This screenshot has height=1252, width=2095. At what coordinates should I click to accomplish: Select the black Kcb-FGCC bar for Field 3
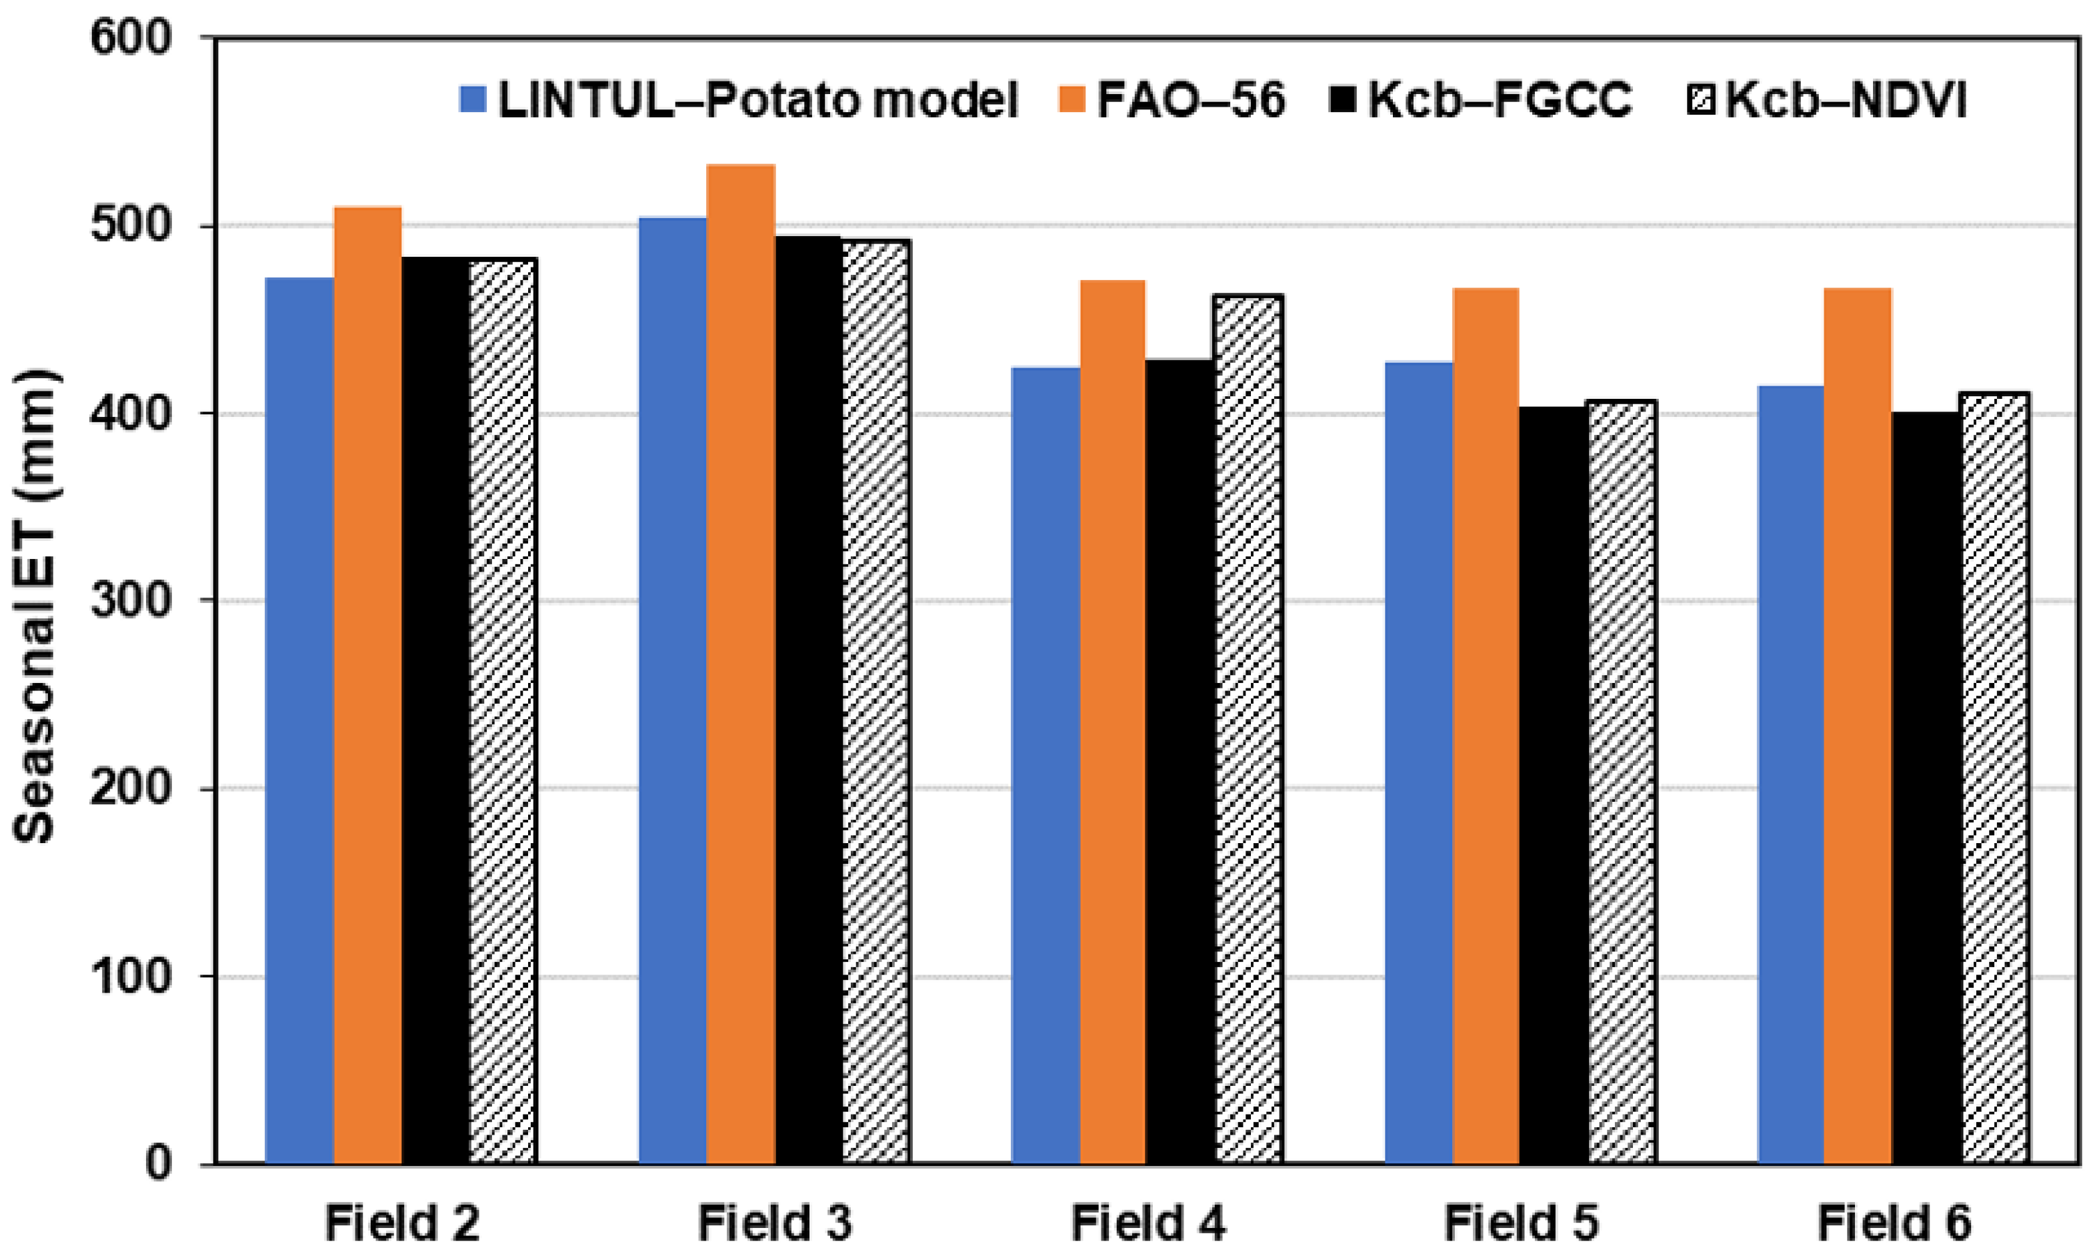[808, 700]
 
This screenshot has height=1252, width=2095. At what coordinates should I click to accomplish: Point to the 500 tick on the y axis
[131, 226]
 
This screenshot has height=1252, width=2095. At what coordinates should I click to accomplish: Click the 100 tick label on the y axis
[131, 976]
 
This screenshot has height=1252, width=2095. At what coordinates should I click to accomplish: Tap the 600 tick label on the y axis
[131, 39]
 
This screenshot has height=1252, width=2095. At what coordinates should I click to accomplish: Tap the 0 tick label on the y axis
[158, 1163]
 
